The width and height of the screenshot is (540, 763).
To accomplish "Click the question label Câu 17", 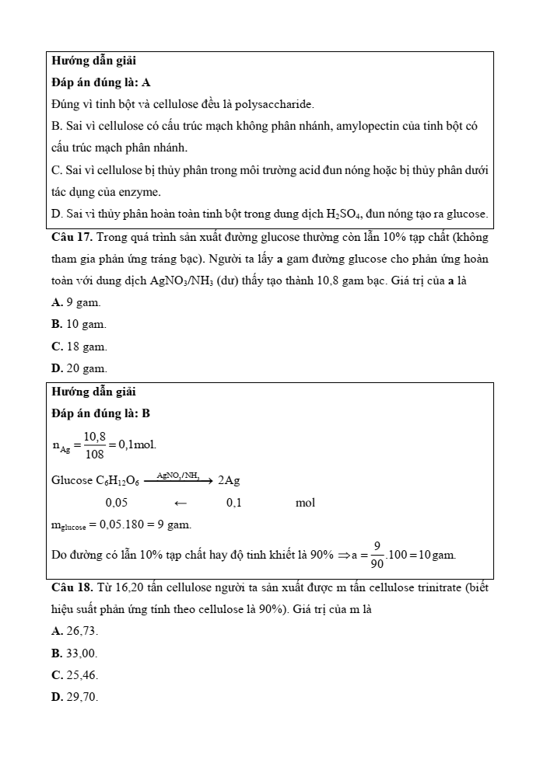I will point(72,236).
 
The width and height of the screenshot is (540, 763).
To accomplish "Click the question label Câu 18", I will point(72,588).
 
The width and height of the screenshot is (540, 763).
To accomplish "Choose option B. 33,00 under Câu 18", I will point(75,654).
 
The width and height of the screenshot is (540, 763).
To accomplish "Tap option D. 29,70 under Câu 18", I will point(75,698).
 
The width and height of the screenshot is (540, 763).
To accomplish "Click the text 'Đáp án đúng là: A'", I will point(100,82).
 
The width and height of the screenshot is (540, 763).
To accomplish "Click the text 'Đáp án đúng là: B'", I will point(100,414).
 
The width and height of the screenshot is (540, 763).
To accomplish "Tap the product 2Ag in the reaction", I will point(229,481).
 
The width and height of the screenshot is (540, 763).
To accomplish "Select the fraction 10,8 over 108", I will point(95,446).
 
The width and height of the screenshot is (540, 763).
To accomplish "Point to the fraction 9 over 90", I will point(377,555).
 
